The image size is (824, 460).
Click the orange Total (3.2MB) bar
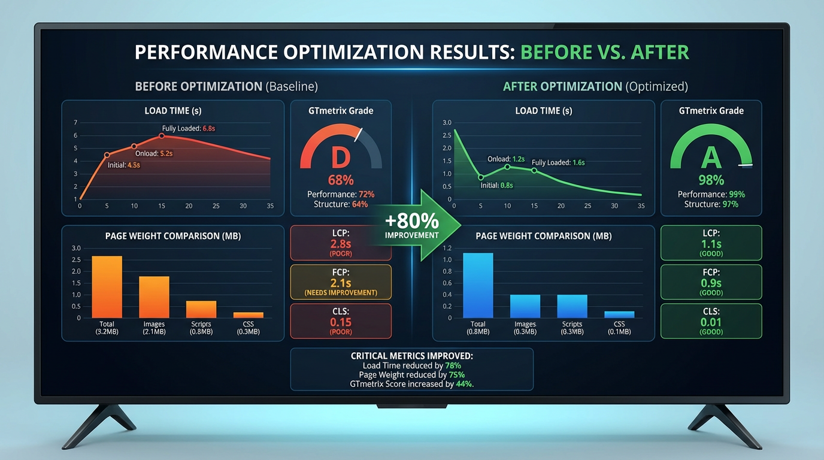click(x=107, y=287)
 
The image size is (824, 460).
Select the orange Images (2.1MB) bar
click(x=154, y=297)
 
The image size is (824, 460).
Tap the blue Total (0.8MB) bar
click(x=478, y=286)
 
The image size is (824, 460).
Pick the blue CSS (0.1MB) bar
click(x=619, y=314)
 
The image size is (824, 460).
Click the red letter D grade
click(x=340, y=158)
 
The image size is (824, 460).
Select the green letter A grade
click(x=711, y=158)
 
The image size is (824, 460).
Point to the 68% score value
click(x=341, y=180)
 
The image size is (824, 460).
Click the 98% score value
click(x=711, y=180)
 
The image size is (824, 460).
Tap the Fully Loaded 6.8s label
click(x=189, y=129)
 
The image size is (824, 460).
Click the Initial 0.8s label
click(x=496, y=186)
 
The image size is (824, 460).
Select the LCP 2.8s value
click(x=341, y=244)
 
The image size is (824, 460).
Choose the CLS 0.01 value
click(x=711, y=322)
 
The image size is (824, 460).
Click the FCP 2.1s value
click(x=341, y=283)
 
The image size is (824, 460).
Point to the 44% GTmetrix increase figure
click(x=464, y=384)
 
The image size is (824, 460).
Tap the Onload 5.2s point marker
click(x=134, y=146)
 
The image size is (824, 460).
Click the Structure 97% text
click(x=711, y=204)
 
